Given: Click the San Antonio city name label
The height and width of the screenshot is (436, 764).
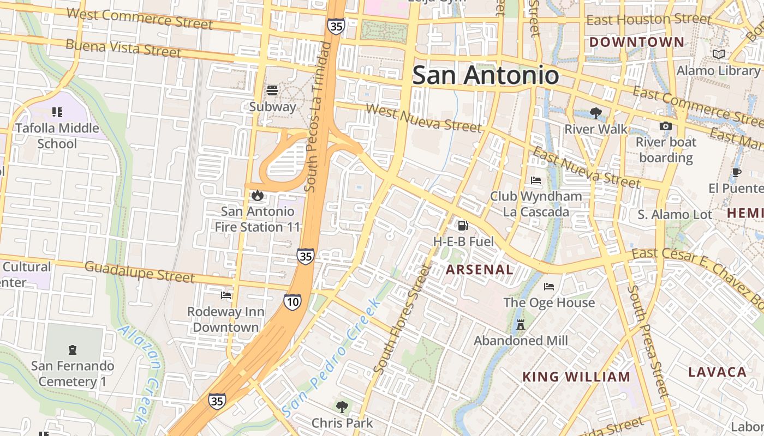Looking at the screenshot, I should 485,75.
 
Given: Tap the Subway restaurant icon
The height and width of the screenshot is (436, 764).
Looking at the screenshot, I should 272,90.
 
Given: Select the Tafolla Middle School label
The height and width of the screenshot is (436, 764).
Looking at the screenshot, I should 57,136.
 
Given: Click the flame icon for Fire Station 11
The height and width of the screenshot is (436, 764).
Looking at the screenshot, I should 258,195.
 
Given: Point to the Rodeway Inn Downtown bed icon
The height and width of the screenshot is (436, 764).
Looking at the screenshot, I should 226,295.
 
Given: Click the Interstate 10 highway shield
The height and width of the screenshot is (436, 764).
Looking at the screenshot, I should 293,301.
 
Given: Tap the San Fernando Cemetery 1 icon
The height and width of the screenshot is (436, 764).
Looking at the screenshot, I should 72,349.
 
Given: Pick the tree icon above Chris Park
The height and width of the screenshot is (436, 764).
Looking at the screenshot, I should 342,406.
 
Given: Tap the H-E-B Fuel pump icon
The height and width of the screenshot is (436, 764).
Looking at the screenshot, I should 463,225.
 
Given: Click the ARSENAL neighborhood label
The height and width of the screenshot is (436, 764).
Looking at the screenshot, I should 479,269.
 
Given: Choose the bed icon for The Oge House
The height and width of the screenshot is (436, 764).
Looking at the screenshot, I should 549,286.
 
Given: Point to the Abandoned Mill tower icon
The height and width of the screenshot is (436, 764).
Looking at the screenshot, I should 521,324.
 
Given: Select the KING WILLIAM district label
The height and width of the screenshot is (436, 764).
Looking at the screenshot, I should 576,377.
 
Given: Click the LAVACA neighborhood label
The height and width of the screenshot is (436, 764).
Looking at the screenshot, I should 717,372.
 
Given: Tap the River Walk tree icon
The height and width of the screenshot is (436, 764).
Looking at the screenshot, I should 595,113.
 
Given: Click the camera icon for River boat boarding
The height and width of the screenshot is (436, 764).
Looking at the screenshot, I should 665,126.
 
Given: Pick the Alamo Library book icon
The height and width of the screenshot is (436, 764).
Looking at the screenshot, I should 719,55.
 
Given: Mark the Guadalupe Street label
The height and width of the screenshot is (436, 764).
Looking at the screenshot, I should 139,271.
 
